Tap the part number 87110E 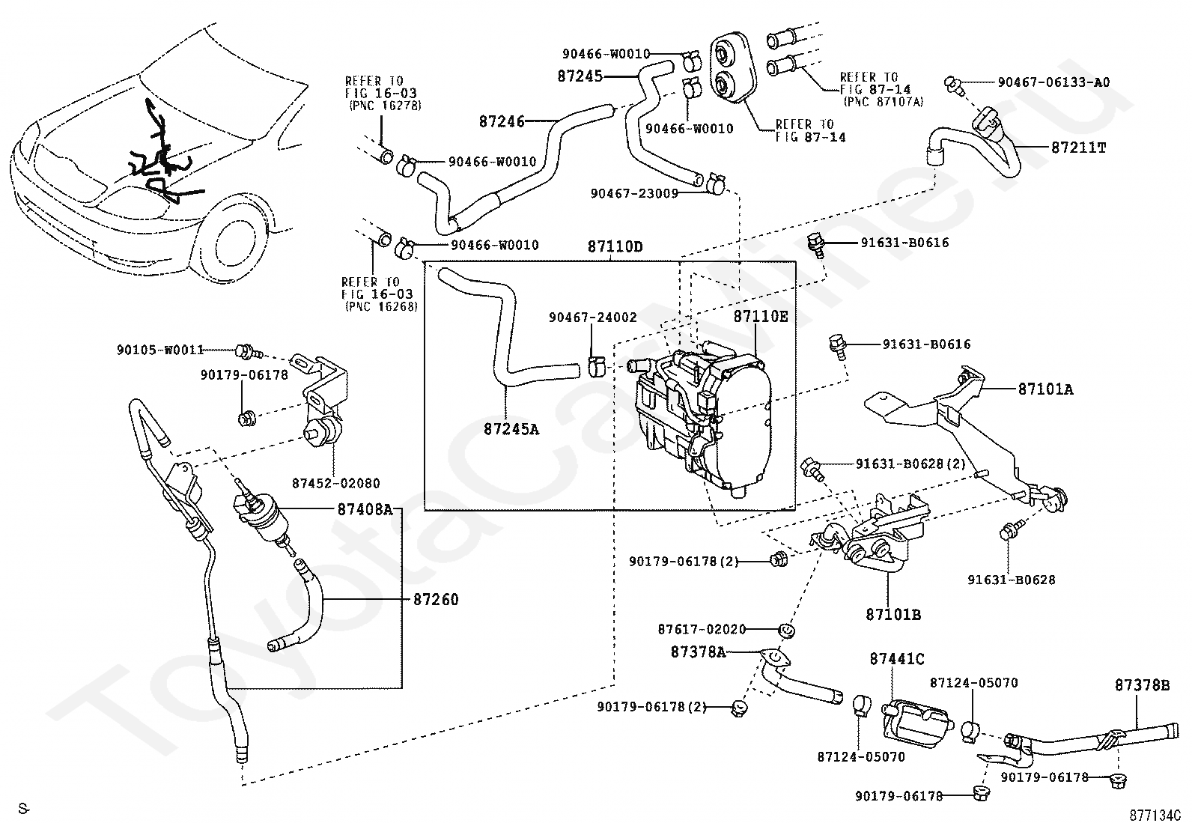[761, 317]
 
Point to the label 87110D [615, 246]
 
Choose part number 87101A [1045, 389]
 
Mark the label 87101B [893, 615]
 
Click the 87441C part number [897, 660]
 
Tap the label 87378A [698, 652]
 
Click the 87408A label [365, 510]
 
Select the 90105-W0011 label [160, 350]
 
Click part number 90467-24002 [592, 318]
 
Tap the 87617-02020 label [702, 629]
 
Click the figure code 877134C [1155, 814]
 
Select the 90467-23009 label [634, 193]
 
